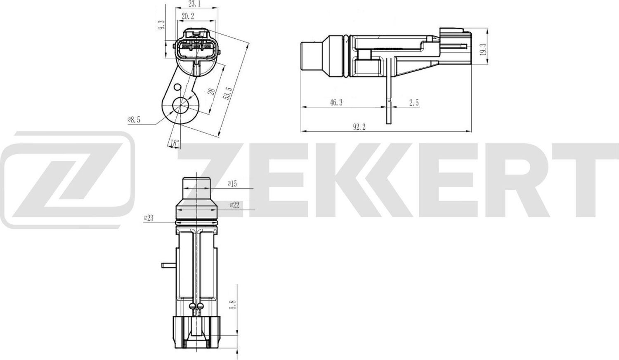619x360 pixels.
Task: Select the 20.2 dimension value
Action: [x=188, y=16]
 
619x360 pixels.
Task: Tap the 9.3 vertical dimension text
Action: [x=162, y=25]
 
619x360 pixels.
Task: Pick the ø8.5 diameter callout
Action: [x=134, y=120]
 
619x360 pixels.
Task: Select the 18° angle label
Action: [x=175, y=143]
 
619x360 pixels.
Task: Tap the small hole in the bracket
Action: [x=177, y=87]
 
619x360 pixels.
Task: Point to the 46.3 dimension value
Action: [x=336, y=103]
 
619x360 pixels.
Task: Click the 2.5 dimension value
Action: [x=413, y=103]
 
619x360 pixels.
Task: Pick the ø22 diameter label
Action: [x=234, y=205]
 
